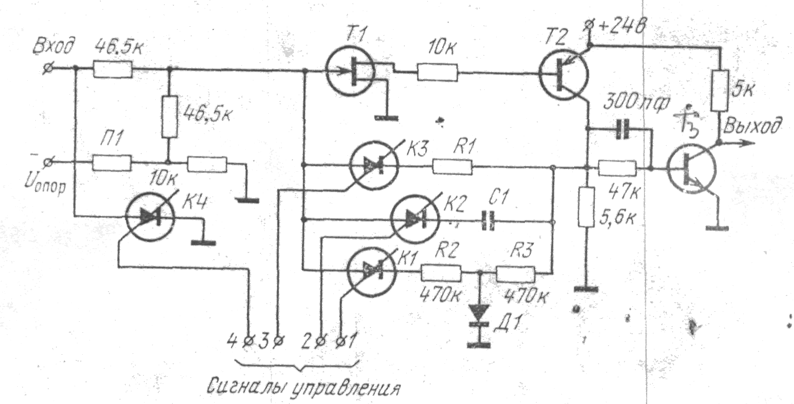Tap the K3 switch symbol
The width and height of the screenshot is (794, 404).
(x=374, y=165)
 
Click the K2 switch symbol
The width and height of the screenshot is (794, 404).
(x=414, y=219)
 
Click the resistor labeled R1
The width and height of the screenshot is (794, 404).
(x=452, y=167)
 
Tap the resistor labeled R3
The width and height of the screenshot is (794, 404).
(x=515, y=274)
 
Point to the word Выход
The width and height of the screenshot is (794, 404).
(x=753, y=126)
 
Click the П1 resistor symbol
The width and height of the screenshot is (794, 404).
(x=111, y=163)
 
